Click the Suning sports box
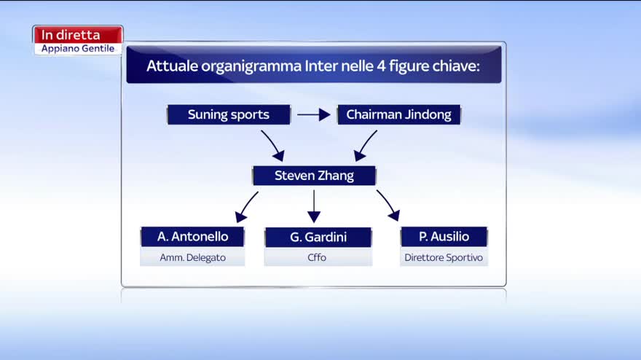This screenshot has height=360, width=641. click(x=229, y=114)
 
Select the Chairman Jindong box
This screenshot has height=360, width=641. click(x=399, y=114)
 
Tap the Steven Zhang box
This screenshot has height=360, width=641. click(x=314, y=176)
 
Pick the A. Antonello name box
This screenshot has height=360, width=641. click(x=192, y=236)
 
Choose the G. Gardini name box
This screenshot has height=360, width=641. click(x=318, y=237)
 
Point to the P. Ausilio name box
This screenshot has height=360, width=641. click(x=444, y=236)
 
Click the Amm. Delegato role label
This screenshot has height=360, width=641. click(x=192, y=257)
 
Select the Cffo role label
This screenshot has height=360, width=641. click(x=317, y=257)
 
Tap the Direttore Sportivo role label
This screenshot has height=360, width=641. click(x=444, y=257)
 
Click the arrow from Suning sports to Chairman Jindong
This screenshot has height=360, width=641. click(x=313, y=114)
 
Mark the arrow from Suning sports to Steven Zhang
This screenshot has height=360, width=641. click(x=273, y=145)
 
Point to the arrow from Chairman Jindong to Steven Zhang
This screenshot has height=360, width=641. click(x=365, y=145)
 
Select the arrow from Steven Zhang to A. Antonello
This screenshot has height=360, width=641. click(x=246, y=206)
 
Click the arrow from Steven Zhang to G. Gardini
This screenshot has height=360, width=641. click(x=314, y=206)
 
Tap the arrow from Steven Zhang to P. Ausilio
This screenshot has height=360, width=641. click(x=388, y=206)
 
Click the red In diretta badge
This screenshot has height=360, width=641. click(x=78, y=34)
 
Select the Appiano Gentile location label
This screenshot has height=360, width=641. click(x=78, y=48)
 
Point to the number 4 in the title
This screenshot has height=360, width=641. click(x=381, y=66)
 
